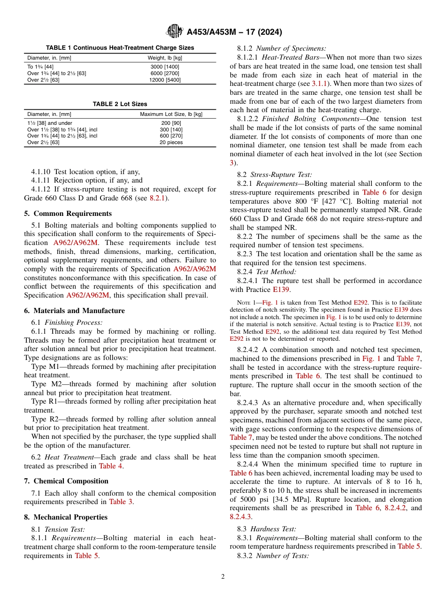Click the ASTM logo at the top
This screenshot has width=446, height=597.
pyautogui.click(x=175, y=32)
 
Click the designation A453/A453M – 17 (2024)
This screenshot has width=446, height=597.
pyautogui.click(x=234, y=32)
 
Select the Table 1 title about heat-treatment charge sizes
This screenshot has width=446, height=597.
pyautogui.click(x=120, y=48)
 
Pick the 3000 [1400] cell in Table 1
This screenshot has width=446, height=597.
pyautogui.click(x=165, y=67)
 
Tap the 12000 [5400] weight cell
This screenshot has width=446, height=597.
pyautogui.click(x=165, y=80)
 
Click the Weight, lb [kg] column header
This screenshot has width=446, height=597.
pyautogui.click(x=165, y=58)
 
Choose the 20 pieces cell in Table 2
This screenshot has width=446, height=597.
pyautogui.click(x=171, y=142)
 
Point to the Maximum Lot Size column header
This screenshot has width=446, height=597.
pyautogui.click(x=171, y=114)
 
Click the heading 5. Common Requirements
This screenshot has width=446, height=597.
pyautogui.click(x=68, y=214)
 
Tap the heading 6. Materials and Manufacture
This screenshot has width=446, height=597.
pyautogui.click(x=74, y=311)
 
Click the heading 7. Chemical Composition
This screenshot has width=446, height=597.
pyautogui.click(x=66, y=481)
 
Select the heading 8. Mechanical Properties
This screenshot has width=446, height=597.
pyautogui.click(x=66, y=517)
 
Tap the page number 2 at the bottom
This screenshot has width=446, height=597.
pyautogui.click(x=223, y=577)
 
